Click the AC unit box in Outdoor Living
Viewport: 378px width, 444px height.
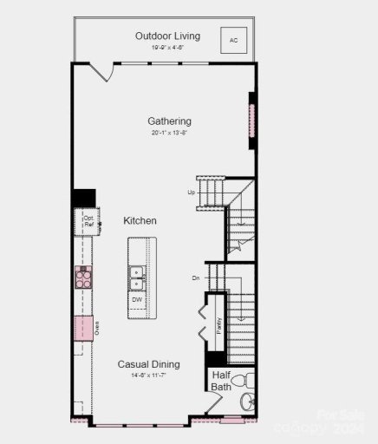pos(233,40)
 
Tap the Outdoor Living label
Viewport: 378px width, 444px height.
pos(167,36)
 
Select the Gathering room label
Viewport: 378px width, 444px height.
pos(169,121)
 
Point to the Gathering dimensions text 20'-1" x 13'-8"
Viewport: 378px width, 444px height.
pos(169,134)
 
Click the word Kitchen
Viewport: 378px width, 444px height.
pos(140,221)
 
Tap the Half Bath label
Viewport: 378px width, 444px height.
pos(221,381)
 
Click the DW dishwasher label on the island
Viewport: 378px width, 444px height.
pos(137,299)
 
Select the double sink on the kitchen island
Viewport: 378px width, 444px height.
pos(137,277)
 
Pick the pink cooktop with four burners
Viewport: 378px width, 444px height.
pos(84,277)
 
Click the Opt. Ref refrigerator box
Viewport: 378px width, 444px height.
pos(88,221)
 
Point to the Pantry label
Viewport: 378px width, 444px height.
pos(219,326)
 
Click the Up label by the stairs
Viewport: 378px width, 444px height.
pos(191,193)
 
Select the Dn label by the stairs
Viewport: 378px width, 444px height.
pos(197,278)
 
